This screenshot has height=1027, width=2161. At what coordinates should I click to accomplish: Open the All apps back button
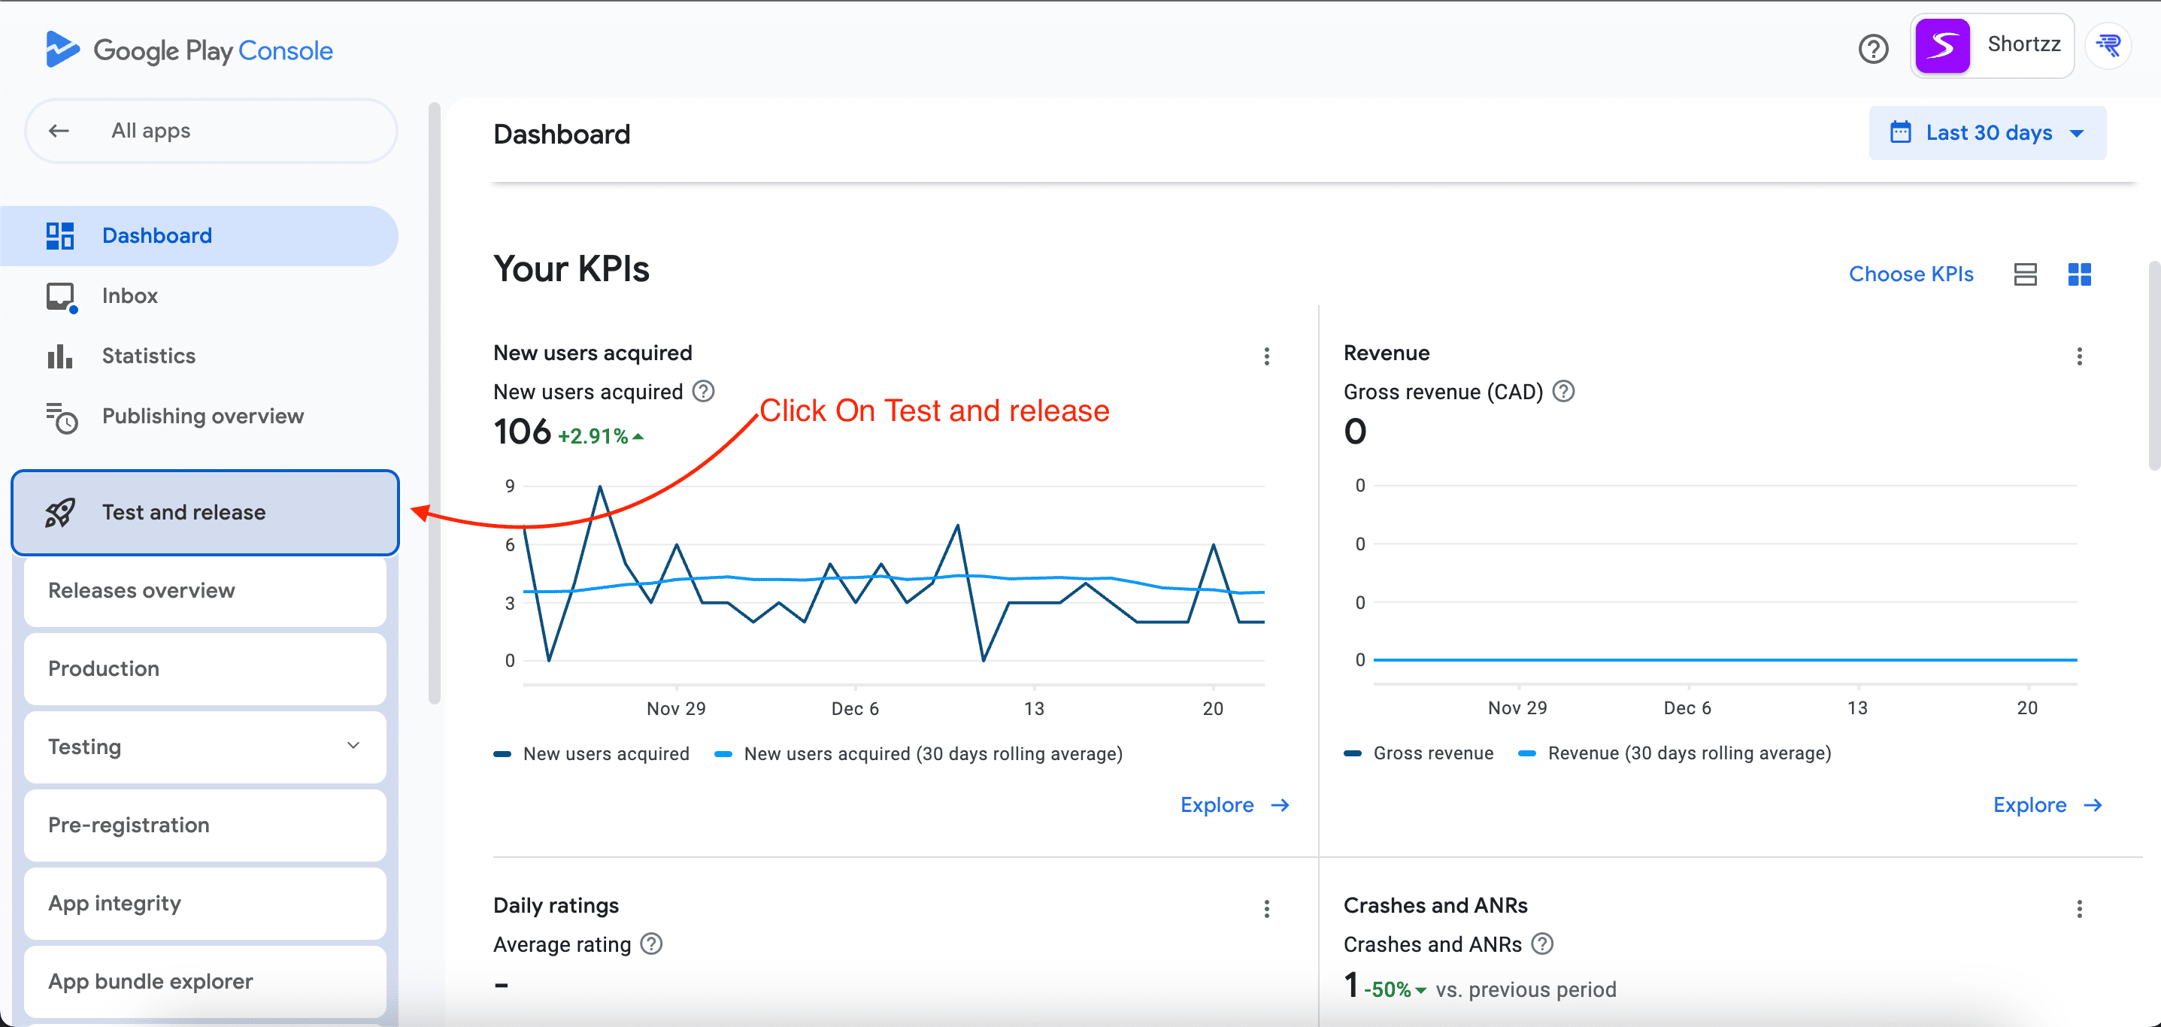[59, 131]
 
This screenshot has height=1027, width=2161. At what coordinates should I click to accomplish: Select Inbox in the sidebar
[129, 296]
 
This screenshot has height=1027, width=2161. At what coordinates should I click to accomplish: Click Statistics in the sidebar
[148, 356]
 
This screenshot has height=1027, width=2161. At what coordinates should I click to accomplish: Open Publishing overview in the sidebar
[202, 417]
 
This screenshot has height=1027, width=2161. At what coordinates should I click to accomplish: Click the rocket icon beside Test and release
[59, 513]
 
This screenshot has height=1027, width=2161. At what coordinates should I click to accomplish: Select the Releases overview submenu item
[141, 591]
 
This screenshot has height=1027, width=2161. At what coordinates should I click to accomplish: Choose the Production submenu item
[103, 668]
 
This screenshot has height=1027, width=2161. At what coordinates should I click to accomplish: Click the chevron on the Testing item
[353, 746]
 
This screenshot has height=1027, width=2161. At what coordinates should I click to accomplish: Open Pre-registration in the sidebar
[129, 825]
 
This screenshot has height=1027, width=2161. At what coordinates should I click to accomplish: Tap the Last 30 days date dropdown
[1987, 133]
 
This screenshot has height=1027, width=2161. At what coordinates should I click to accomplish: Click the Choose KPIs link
[1910, 274]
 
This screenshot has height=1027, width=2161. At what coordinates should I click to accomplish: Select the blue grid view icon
[2079, 274]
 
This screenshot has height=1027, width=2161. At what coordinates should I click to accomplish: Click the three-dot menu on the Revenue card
[2079, 356]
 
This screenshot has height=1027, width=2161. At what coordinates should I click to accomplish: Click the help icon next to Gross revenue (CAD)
[1563, 392]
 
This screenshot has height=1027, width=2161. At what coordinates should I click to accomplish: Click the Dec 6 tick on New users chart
[855, 708]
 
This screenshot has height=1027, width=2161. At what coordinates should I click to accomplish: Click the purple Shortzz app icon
[1942, 45]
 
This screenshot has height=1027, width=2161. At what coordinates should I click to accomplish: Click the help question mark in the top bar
[1872, 49]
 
